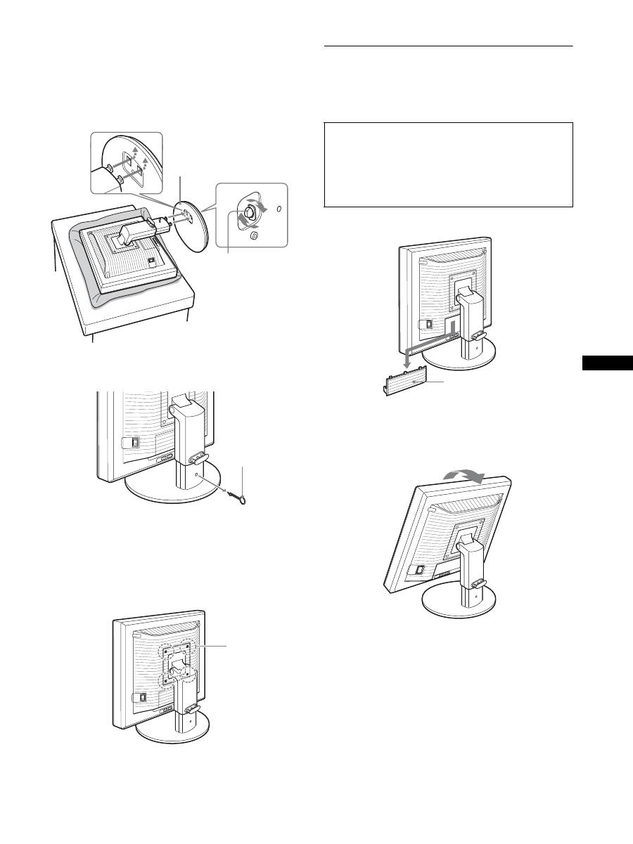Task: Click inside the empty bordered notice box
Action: (x=449, y=164)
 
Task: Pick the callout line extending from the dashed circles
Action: (x=215, y=644)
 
